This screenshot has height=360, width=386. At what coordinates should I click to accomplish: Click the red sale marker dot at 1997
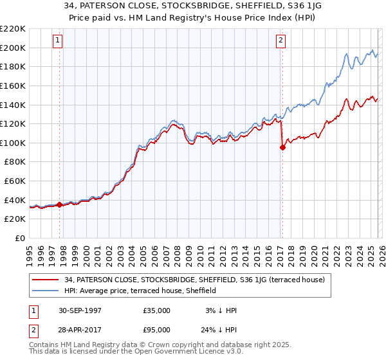tap(60, 205)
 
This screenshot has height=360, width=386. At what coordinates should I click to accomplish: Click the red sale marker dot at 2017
tap(282, 147)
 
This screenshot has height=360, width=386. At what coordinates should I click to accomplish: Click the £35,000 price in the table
tap(157, 310)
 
